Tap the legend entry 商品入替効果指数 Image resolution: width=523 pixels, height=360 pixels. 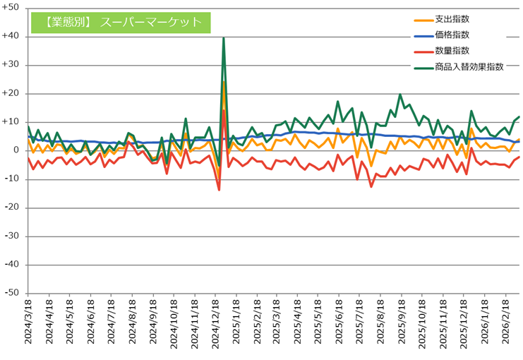[x=470, y=66]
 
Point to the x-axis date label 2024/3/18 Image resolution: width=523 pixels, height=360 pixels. [x=28, y=321]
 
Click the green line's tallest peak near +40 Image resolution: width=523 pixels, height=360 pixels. [x=224, y=38]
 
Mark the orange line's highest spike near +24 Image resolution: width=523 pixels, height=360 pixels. [x=224, y=83]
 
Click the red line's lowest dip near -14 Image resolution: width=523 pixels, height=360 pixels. [x=219, y=190]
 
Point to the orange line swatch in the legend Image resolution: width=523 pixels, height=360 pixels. [x=422, y=19]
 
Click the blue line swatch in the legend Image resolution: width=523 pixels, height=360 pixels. [x=422, y=35]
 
